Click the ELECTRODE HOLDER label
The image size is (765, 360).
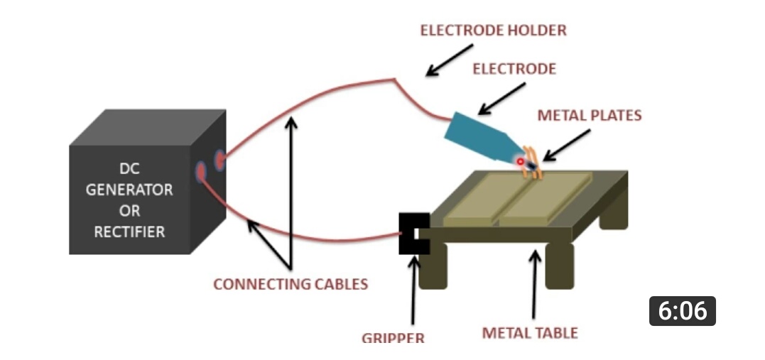click(x=493, y=31)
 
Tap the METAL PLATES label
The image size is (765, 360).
click(x=589, y=115)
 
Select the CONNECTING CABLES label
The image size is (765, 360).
click(x=291, y=284)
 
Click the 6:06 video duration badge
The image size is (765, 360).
click(x=682, y=311)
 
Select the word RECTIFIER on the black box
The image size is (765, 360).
click(x=129, y=231)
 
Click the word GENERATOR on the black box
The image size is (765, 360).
click(x=129, y=190)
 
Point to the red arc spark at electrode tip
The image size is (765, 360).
click(x=521, y=162)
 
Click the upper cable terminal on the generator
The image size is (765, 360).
click(x=219, y=160)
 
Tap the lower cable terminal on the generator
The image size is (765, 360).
click(x=201, y=171)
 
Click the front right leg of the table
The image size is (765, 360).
click(x=559, y=266)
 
